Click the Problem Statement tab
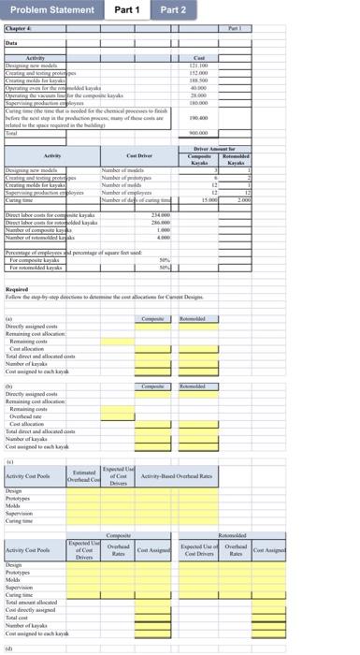[51, 9]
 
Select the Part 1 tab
[127, 9]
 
